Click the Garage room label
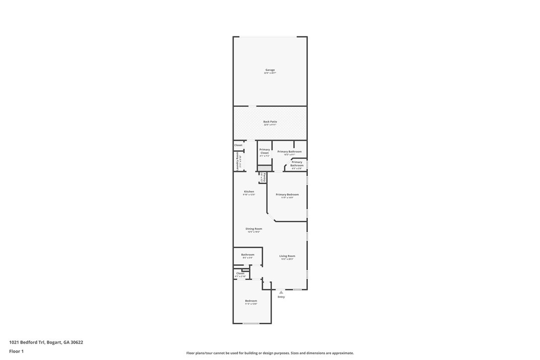tap(270, 70)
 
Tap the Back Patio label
tap(270, 122)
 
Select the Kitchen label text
tap(249, 191)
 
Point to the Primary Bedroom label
tap(287, 194)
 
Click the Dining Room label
tap(254, 229)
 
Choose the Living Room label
tap(287, 256)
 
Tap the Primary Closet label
tap(265, 151)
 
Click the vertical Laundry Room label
tap(238, 162)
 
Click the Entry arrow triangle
tap(281, 292)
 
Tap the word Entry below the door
tap(281, 297)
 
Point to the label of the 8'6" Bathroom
tap(248, 255)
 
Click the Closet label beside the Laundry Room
tap(238, 145)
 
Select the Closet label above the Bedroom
tap(240, 273)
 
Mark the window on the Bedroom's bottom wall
tap(251, 324)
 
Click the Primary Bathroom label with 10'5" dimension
tap(289, 152)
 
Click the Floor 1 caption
tap(16, 351)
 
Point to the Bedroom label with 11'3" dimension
tap(251, 301)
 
